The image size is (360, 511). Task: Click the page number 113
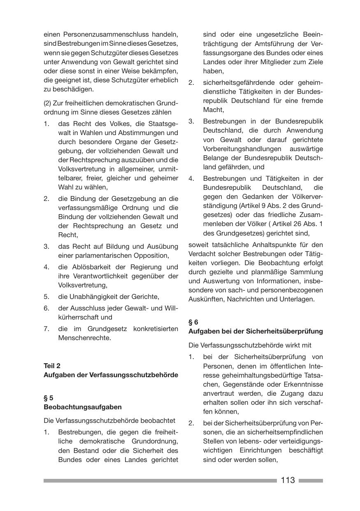tap(288, 480)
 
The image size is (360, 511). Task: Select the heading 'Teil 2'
tap(52, 366)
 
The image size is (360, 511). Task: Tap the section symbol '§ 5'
tap(49, 398)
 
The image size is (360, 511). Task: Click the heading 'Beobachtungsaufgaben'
tap(83, 407)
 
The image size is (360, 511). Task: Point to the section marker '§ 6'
tap(193, 322)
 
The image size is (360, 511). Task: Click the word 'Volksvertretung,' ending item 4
tap(83, 285)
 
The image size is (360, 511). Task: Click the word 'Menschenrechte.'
tap(85, 338)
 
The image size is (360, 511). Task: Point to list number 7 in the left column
tap(46, 329)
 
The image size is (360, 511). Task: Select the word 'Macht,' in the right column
tap(214, 110)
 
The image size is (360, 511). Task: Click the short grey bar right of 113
tap(311, 481)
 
